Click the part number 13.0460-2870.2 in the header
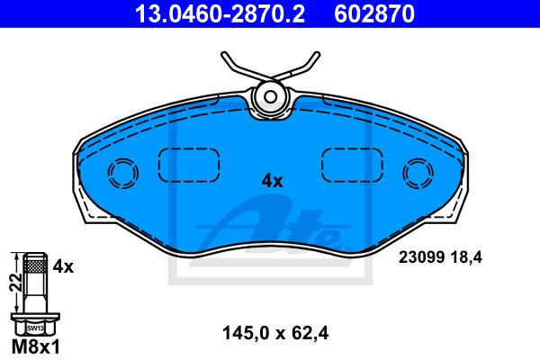(x=220, y=14)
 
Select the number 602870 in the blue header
(x=374, y=14)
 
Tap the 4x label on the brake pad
(x=272, y=181)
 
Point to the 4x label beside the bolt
(x=63, y=266)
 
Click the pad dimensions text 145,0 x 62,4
(x=275, y=333)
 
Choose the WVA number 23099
(x=421, y=257)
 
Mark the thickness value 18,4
(x=465, y=257)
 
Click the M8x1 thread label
(x=36, y=346)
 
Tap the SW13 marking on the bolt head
(x=35, y=328)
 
